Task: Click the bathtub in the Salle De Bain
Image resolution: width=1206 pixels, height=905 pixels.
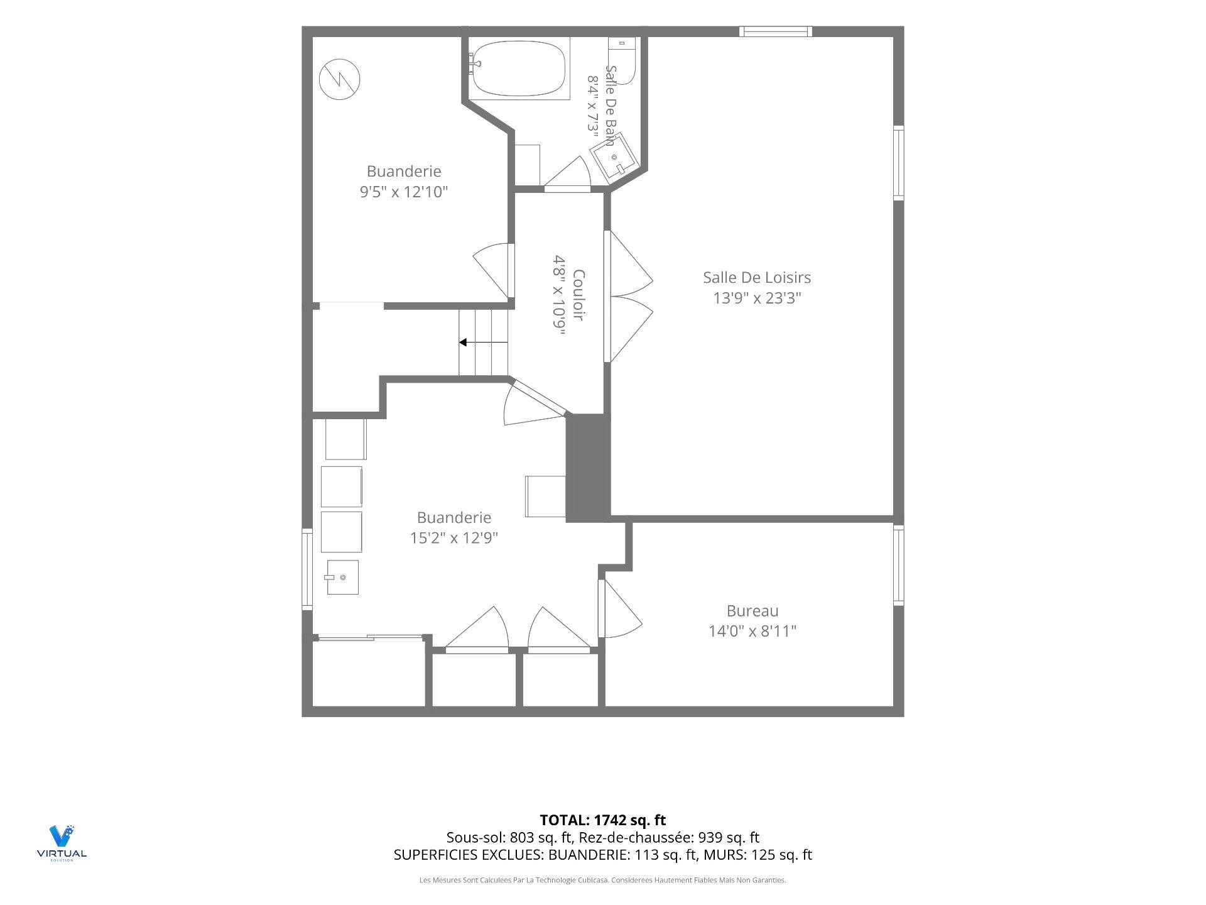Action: (519, 68)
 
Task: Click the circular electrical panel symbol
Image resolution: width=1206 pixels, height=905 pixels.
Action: (340, 79)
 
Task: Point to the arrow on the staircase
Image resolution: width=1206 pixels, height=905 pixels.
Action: (483, 343)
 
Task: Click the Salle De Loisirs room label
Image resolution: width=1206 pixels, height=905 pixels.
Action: (757, 277)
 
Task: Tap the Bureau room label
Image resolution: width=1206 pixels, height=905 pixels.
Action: (752, 611)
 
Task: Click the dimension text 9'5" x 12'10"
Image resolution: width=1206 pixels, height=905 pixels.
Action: (404, 192)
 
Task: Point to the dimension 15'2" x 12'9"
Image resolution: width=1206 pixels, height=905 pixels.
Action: (454, 538)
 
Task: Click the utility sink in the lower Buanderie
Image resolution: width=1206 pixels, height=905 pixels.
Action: (342, 577)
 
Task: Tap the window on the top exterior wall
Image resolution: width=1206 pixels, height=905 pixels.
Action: (776, 31)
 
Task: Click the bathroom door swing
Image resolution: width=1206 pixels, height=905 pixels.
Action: (567, 172)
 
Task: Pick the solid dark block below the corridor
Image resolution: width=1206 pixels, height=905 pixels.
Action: (588, 468)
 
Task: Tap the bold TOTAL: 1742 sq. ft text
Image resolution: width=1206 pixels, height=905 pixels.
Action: (603, 820)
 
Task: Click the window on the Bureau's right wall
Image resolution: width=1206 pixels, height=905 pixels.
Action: (899, 564)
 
